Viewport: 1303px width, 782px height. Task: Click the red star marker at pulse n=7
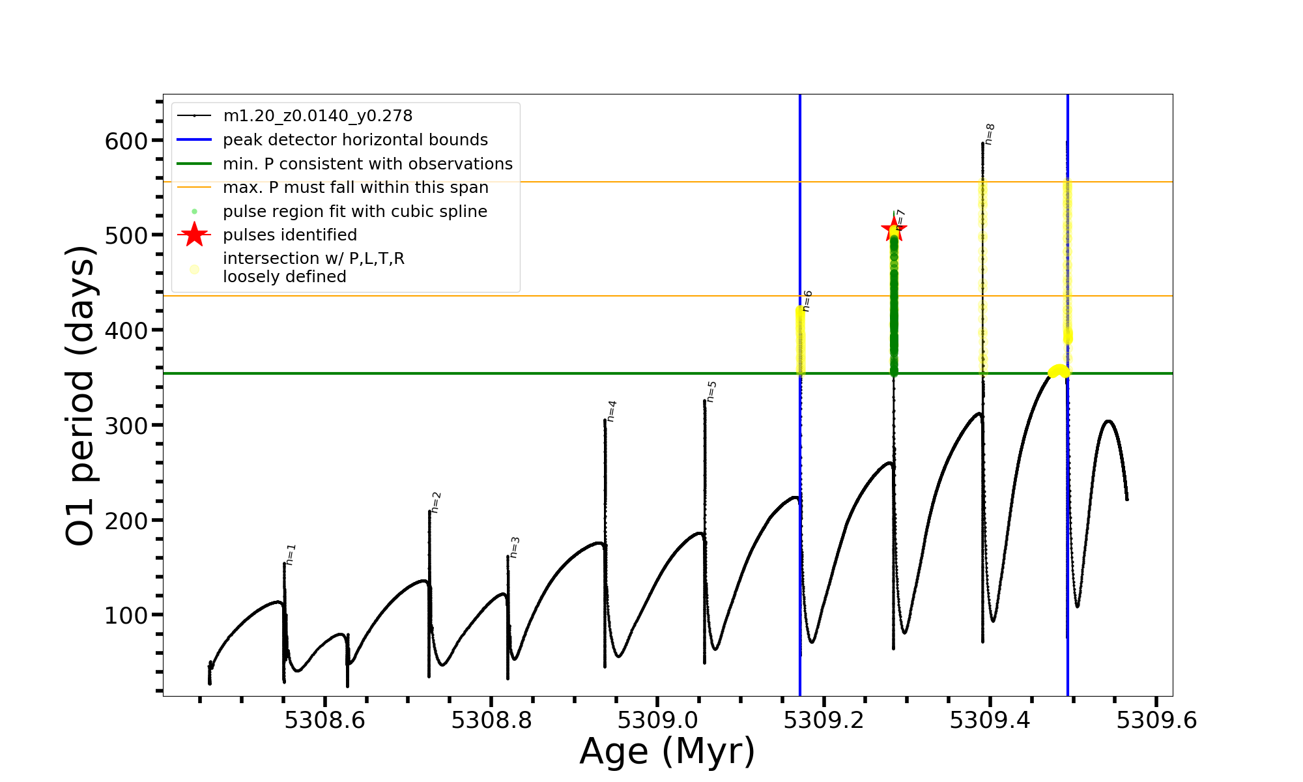(893, 229)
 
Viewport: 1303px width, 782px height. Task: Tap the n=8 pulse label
(989, 134)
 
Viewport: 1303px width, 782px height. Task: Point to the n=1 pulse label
(291, 554)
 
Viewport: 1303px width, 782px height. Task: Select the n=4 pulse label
(611, 411)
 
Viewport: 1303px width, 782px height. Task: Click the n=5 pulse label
(711, 392)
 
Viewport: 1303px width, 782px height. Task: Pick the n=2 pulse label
(436, 502)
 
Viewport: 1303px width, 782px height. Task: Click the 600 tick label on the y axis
(126, 141)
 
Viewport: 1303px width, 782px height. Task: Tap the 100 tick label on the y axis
(126, 616)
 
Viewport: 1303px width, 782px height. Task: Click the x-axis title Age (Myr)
(667, 751)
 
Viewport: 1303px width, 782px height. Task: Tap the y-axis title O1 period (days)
(81, 396)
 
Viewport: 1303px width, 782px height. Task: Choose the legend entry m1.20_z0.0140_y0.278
(317, 116)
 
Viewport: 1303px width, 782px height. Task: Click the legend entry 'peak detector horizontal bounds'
(355, 140)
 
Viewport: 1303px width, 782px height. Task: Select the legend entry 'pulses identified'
(290, 235)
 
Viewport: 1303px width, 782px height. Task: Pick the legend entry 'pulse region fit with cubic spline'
(355, 212)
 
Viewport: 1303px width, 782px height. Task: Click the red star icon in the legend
(194, 235)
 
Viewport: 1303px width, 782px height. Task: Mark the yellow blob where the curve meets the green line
(1059, 371)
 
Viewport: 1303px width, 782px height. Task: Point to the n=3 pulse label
(515, 547)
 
